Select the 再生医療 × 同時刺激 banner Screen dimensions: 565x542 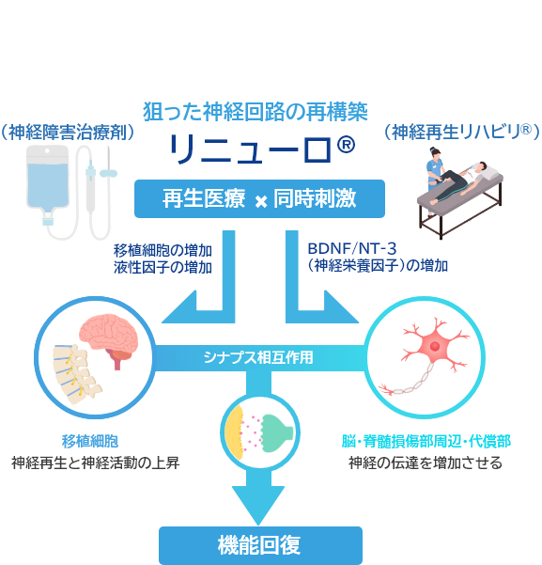[259, 198]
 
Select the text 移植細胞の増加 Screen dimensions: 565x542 [162, 250]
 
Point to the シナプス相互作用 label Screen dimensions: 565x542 [258, 357]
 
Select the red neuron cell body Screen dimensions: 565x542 [434, 347]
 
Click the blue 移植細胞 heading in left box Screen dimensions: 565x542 [90, 442]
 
